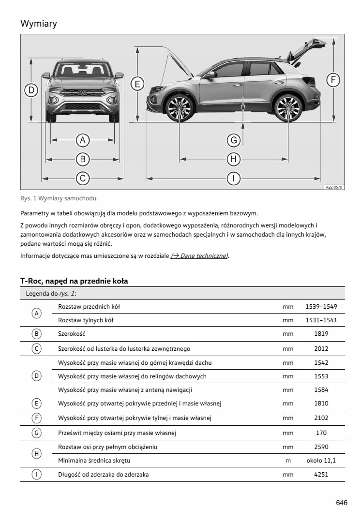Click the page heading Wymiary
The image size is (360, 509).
pyautogui.click(x=39, y=23)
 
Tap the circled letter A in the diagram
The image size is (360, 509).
pyautogui.click(x=83, y=140)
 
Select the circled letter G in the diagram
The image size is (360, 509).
pyautogui.click(x=234, y=140)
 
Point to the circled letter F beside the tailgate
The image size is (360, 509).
pyautogui.click(x=332, y=80)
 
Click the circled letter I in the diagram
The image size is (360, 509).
pyautogui.click(x=234, y=179)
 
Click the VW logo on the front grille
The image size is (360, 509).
pyautogui.click(x=82, y=93)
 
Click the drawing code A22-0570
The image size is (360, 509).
pyautogui.click(x=333, y=186)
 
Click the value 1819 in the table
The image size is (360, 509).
pyautogui.click(x=321, y=334)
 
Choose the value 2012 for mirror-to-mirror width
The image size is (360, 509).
pyautogui.click(x=321, y=348)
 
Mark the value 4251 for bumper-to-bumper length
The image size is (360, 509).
pyautogui.click(x=321, y=475)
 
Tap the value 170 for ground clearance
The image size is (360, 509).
pyautogui.click(x=321, y=433)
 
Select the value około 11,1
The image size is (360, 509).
pyautogui.click(x=321, y=461)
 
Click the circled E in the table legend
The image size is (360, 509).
pyautogui.click(x=37, y=403)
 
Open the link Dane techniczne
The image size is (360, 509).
pyautogui.click(x=199, y=256)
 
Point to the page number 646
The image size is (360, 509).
pyautogui.click(x=342, y=503)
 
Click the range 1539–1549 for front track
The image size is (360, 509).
pyautogui.click(x=321, y=307)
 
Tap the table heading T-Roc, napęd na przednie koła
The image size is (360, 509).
pyautogui.click(x=74, y=281)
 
